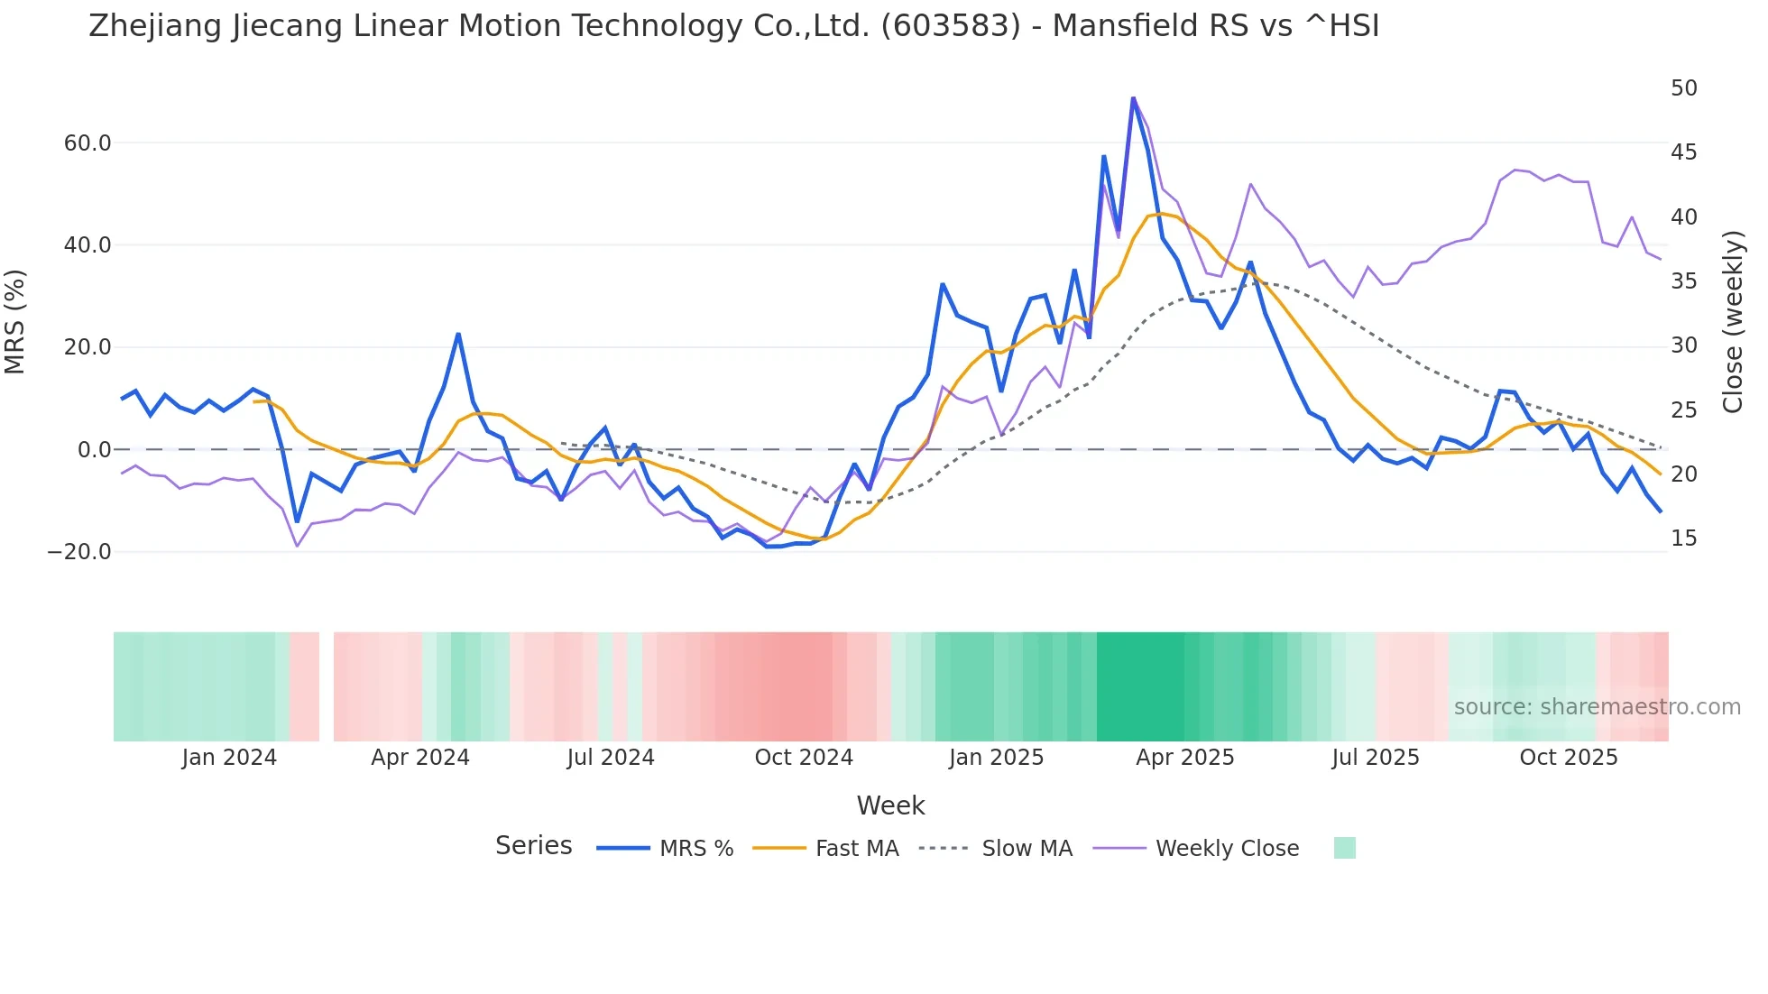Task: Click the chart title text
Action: pyautogui.click(x=733, y=26)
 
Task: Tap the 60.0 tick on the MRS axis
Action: pyautogui.click(x=87, y=143)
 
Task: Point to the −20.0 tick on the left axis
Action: pyautogui.click(x=79, y=552)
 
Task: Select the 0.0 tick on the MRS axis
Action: pyautogui.click(x=95, y=450)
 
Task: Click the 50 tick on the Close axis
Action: pyautogui.click(x=1683, y=88)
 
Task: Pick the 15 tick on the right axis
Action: pyautogui.click(x=1683, y=538)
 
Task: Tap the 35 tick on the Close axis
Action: pyautogui.click(x=1683, y=281)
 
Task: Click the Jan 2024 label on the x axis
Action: pyautogui.click(x=229, y=758)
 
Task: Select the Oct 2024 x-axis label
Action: pyautogui.click(x=804, y=758)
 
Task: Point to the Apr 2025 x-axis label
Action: pyautogui.click(x=1184, y=758)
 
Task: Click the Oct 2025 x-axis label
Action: pyautogui.click(x=1568, y=758)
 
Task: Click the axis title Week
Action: pyautogui.click(x=890, y=805)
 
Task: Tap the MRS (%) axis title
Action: pyautogui.click(x=15, y=321)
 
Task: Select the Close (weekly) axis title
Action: pyautogui.click(x=1732, y=321)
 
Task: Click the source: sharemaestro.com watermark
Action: pyautogui.click(x=1597, y=707)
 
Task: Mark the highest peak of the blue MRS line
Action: pyautogui.click(x=1133, y=98)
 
